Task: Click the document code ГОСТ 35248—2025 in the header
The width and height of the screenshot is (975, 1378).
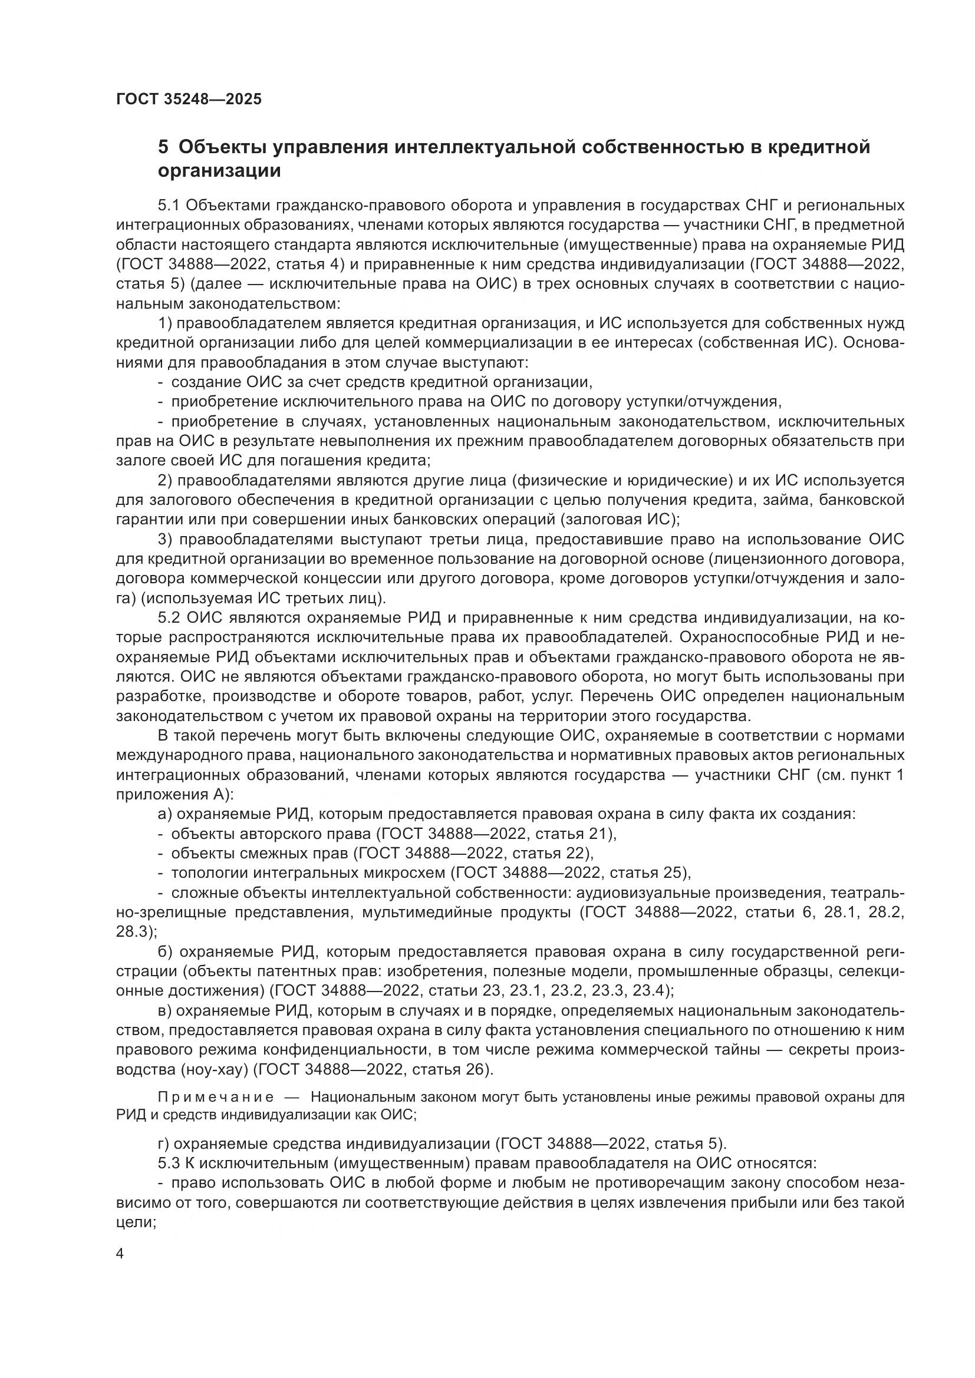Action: point(189,99)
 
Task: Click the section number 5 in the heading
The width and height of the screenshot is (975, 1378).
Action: point(163,147)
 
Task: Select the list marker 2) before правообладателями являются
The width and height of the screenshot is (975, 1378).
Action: point(165,481)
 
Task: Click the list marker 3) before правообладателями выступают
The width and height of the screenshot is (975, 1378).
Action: point(165,540)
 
